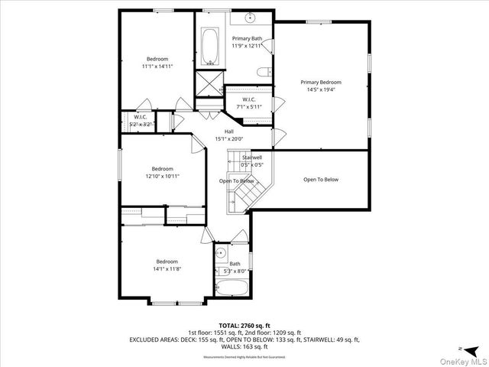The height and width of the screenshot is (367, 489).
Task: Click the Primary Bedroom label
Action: [x=320, y=82]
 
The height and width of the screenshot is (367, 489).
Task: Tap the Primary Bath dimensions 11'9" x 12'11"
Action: [x=247, y=46]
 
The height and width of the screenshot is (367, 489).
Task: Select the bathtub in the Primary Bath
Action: [x=210, y=48]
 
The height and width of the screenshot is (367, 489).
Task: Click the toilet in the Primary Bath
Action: [x=263, y=73]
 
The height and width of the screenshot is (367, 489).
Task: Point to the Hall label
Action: [x=229, y=132]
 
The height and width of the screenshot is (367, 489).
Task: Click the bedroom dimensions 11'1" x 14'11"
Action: [x=157, y=67]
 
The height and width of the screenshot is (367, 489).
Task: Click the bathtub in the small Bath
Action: [x=231, y=289]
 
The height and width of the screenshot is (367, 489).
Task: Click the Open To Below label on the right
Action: [x=320, y=180]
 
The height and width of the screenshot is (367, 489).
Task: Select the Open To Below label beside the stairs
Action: [x=237, y=181]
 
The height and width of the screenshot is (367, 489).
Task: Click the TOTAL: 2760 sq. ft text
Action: [x=244, y=325]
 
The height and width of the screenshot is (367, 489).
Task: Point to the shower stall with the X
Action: [x=209, y=82]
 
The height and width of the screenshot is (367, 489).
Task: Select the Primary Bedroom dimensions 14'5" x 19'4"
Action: [x=320, y=89]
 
